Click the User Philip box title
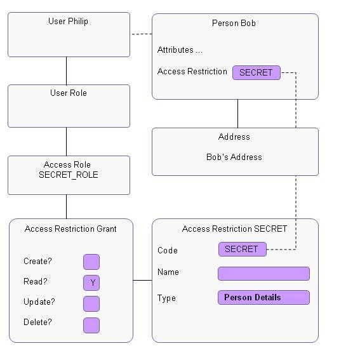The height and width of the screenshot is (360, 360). pyautogui.click(x=68, y=22)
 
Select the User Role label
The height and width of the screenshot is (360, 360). pyautogui.click(x=69, y=93)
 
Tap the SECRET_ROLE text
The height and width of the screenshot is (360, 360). pyautogui.click(x=69, y=175)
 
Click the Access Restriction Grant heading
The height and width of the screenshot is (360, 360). pyautogui.click(x=70, y=229)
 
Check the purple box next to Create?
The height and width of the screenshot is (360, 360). pyautogui.click(x=91, y=262)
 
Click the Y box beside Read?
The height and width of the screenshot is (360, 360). pyautogui.click(x=91, y=283)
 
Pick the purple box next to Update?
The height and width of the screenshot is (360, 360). pyautogui.click(x=91, y=303)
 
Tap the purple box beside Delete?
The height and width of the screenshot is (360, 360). pyautogui.click(x=91, y=325)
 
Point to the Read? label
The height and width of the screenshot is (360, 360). pyautogui.click(x=36, y=282)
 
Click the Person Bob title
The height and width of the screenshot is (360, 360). pyautogui.click(x=234, y=23)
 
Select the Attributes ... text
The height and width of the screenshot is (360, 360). pyautogui.click(x=180, y=50)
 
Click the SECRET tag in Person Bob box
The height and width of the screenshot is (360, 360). pyautogui.click(x=256, y=72)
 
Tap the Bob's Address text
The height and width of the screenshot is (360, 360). pyautogui.click(x=234, y=157)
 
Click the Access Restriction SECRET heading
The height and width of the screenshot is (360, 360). pyautogui.click(x=234, y=229)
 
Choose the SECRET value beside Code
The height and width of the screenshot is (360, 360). pyautogui.click(x=242, y=250)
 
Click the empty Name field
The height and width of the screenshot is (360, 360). pyautogui.click(x=263, y=274)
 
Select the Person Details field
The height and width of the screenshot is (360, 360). pyautogui.click(x=263, y=297)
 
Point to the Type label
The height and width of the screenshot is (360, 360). pyautogui.click(x=166, y=298)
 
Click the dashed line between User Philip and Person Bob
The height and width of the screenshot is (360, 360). pyautogui.click(x=141, y=34)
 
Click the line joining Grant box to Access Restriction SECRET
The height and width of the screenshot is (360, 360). pyautogui.click(x=143, y=280)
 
